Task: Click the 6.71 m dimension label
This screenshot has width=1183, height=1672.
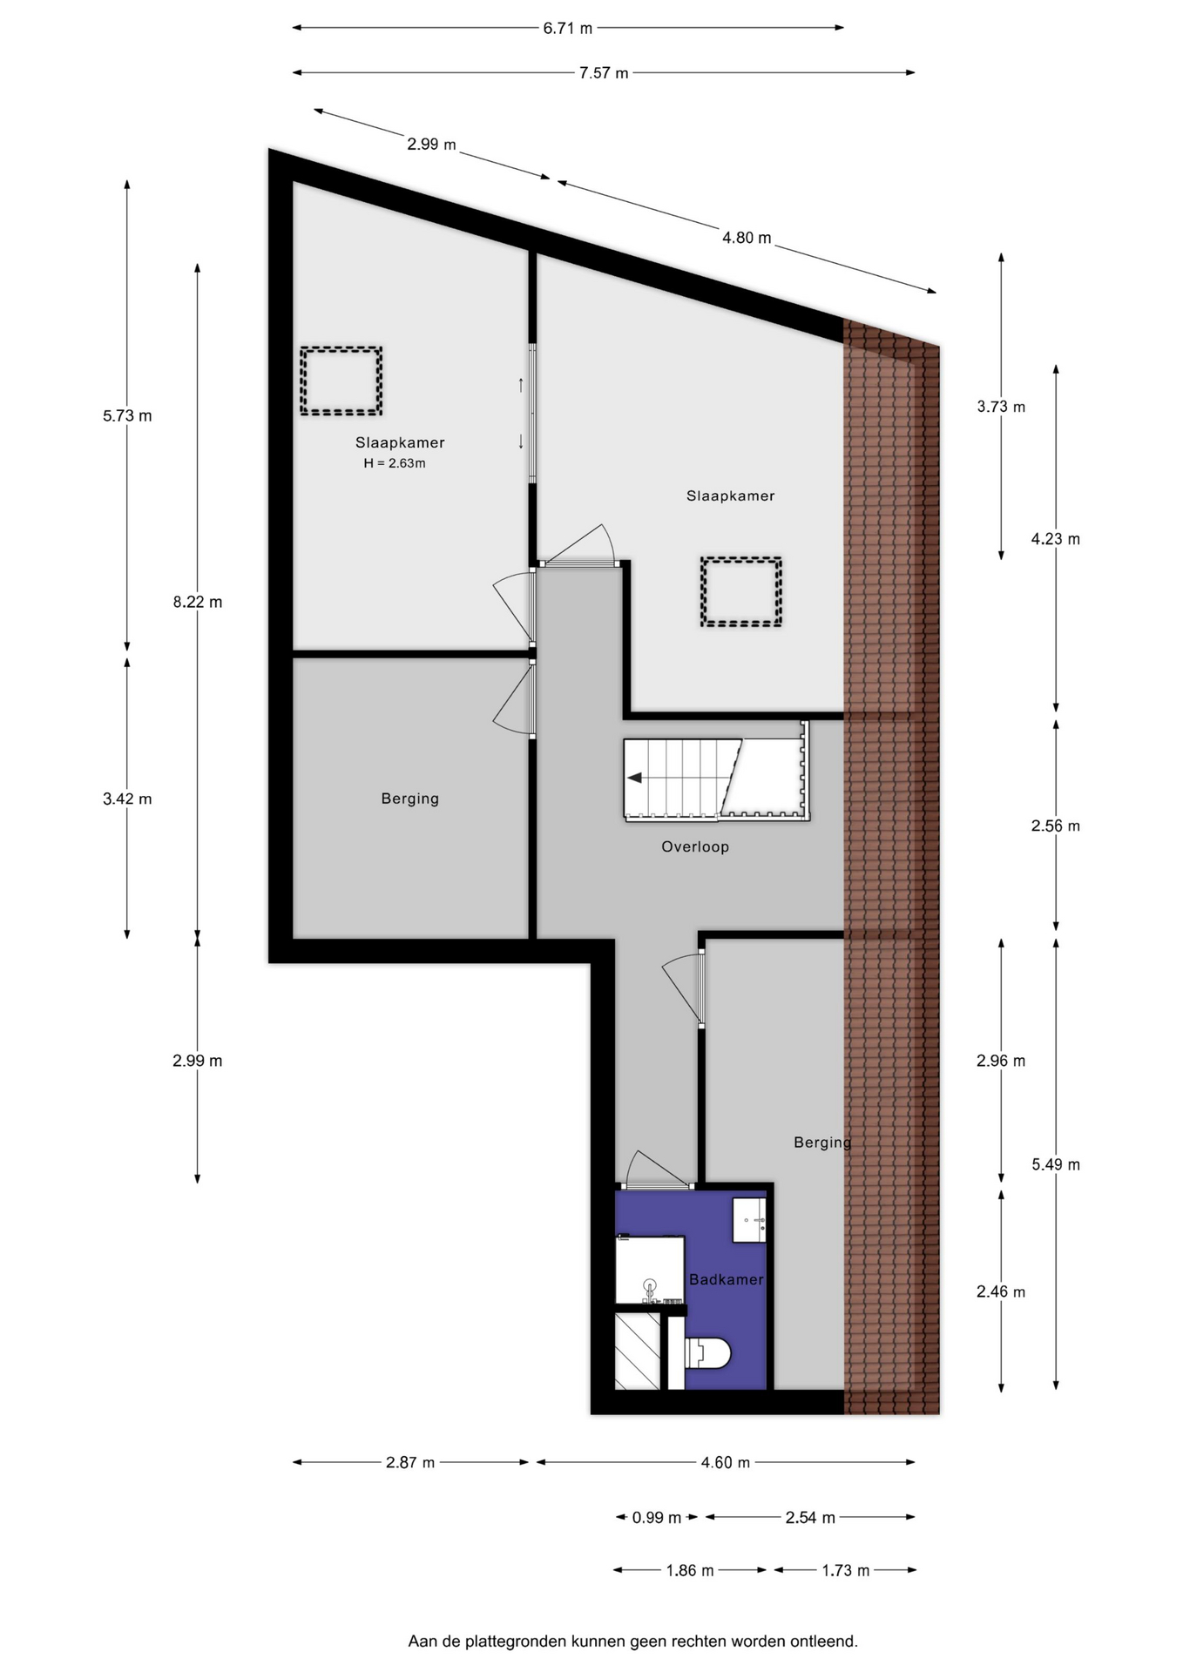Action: click(567, 28)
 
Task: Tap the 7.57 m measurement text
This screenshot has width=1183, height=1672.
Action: click(604, 73)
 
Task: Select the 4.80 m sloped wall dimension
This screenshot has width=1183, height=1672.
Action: click(747, 238)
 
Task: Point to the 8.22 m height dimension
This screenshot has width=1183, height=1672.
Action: click(198, 602)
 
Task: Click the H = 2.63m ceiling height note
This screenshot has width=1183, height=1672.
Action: click(395, 463)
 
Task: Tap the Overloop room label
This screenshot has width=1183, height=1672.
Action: click(695, 846)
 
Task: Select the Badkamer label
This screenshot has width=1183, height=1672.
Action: click(726, 1279)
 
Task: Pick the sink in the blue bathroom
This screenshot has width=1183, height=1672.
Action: click(749, 1220)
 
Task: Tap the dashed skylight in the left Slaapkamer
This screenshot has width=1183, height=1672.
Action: click(341, 381)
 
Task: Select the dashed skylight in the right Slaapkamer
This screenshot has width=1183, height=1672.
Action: click(740, 592)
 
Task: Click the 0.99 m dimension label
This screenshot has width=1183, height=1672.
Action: click(657, 1518)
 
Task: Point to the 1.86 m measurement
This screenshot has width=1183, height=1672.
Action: click(690, 1571)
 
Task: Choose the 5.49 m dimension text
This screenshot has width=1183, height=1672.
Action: click(1056, 1164)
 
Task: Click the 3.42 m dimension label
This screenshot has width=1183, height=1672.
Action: click(127, 799)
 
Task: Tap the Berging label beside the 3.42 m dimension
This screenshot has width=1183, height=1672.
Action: click(410, 799)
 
